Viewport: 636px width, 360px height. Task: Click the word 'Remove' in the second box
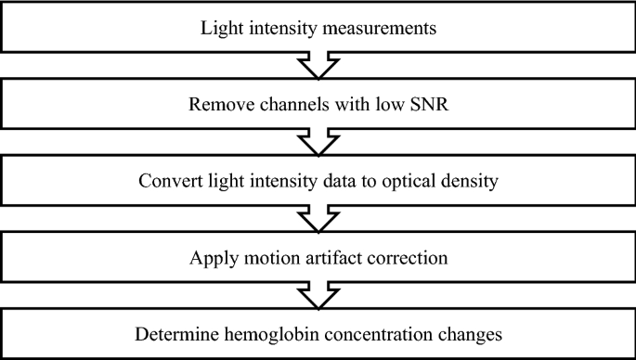[x=216, y=103]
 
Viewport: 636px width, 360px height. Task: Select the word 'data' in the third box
[x=327, y=179]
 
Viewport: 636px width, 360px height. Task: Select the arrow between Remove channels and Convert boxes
[x=318, y=141]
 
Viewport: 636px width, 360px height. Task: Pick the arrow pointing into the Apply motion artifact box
[x=318, y=217]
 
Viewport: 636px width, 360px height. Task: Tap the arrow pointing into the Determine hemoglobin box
[x=318, y=293]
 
